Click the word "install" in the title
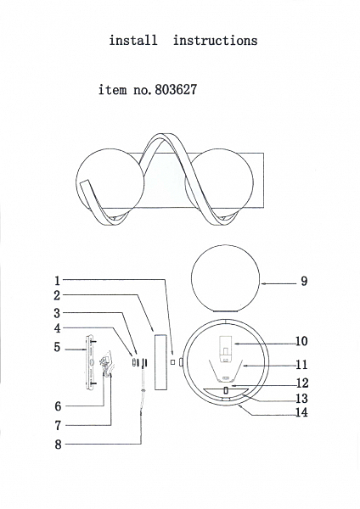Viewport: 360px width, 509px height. point(133,40)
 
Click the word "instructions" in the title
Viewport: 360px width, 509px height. point(215,41)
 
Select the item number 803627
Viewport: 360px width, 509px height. point(176,90)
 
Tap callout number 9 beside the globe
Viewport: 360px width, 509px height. point(304,281)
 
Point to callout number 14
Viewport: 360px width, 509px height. point(301,412)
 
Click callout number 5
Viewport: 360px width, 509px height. point(57,347)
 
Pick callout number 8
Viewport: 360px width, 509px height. point(58,445)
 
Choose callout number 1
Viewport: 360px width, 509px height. point(57,281)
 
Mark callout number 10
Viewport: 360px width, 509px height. point(301,341)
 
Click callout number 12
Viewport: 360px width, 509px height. point(302,383)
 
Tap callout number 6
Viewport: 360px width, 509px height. point(58,406)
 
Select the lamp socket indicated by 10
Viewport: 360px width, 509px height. point(226,350)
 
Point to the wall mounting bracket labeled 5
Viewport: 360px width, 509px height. point(90,362)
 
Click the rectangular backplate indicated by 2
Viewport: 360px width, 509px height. point(160,362)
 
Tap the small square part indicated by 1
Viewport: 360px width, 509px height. point(173,361)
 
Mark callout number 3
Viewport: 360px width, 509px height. point(57,313)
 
